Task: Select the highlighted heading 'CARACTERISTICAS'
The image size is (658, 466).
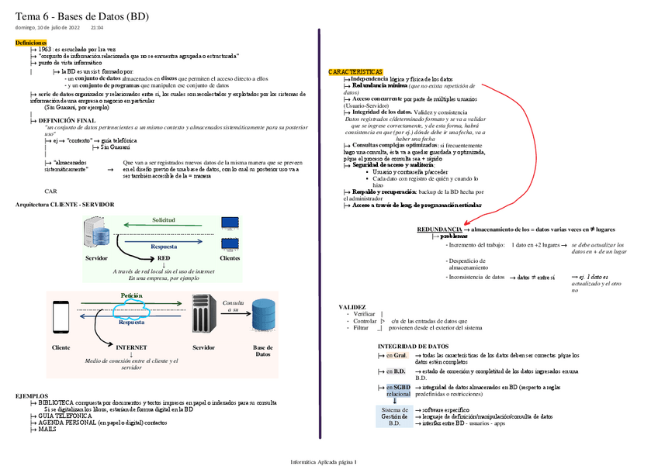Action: [x=355, y=71]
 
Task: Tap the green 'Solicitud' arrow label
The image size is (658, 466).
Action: [x=163, y=220]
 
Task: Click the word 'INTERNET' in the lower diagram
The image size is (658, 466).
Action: [x=131, y=348]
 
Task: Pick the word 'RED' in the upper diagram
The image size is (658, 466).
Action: [x=164, y=257]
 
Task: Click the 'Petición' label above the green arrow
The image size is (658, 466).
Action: [x=131, y=296]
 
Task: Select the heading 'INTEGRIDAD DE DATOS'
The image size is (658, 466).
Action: [x=413, y=346]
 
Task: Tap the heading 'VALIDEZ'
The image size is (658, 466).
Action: [x=353, y=307]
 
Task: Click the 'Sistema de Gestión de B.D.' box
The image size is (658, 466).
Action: [x=394, y=416]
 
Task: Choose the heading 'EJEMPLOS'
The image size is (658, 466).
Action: [x=32, y=395]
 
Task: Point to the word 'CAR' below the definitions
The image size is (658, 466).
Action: [x=50, y=190]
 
